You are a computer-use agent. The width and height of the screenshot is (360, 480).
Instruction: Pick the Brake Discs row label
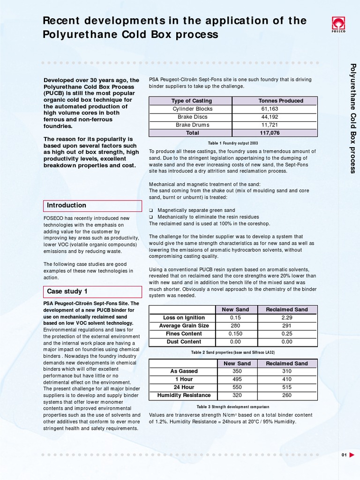pyautogui.click(x=190, y=117)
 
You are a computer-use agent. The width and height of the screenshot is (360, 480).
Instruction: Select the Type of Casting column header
pyautogui.click(x=191, y=101)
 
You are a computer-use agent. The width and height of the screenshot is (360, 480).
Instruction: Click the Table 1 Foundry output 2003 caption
pyautogui.click(x=232, y=143)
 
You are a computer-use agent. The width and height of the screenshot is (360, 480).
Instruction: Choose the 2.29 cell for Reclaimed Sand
pyautogui.click(x=286, y=318)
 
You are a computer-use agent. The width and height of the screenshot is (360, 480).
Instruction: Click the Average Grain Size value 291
pyautogui.click(x=286, y=326)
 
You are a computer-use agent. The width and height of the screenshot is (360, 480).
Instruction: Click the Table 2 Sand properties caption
pyautogui.click(x=232, y=352)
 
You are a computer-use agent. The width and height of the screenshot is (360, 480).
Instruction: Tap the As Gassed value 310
pyautogui.click(x=286, y=371)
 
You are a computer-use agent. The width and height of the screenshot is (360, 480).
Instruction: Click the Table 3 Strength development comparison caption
pyautogui.click(x=232, y=407)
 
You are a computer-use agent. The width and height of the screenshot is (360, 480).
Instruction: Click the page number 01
pyautogui.click(x=344, y=455)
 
